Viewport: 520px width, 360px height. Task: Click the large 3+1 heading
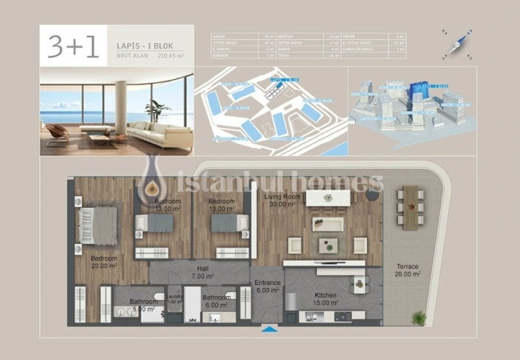point(73,48)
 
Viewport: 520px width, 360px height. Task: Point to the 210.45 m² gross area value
point(170,56)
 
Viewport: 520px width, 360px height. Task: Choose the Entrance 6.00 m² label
point(267,286)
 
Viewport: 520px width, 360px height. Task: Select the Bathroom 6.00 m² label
point(217,301)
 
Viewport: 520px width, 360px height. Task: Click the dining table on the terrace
point(410,206)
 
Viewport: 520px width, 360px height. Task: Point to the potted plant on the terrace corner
point(418,318)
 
